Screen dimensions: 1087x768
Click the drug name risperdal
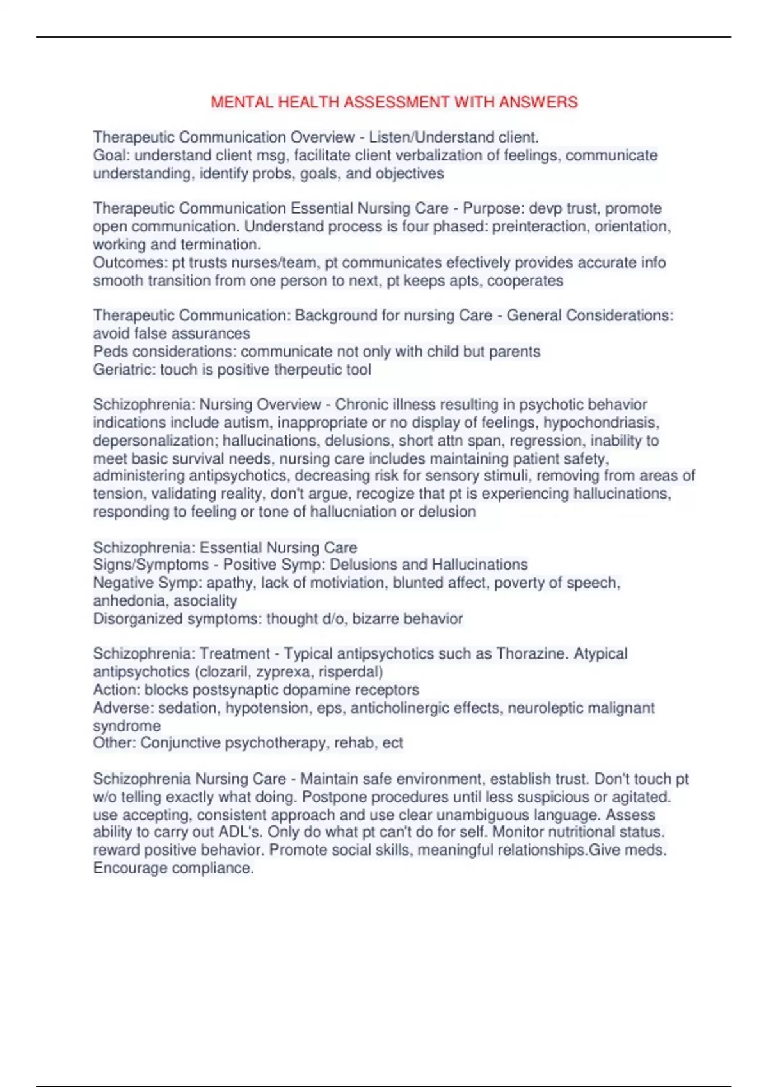(350, 672)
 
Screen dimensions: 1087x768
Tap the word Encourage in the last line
(130, 868)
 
